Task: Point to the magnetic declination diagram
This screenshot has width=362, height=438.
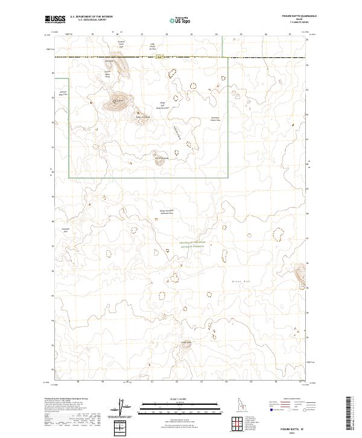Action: (x=121, y=408)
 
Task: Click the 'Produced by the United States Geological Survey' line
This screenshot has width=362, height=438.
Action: (x=66, y=399)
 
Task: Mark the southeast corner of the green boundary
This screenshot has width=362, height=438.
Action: (x=228, y=178)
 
